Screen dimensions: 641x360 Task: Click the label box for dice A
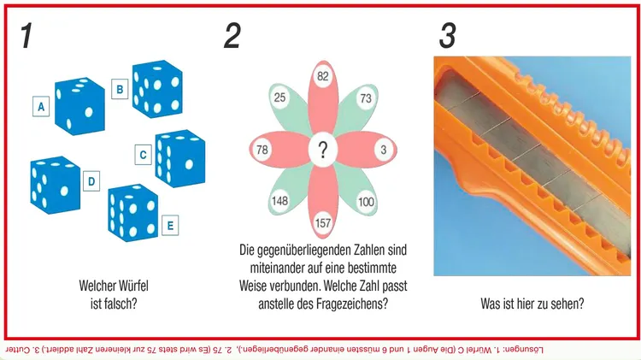pos(41,106)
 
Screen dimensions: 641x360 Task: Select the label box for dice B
pos(120,89)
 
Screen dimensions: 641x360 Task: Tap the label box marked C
pos(143,155)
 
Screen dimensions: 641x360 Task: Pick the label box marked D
pos(91,180)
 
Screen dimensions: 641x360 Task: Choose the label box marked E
pos(170,225)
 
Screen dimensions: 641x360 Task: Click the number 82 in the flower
pos(323,76)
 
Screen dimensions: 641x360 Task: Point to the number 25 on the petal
pos(279,97)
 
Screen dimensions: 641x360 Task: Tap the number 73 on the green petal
pos(366,98)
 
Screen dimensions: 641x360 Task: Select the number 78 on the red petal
pos(262,150)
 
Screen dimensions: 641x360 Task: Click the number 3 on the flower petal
pos(384,150)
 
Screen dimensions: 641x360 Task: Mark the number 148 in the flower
pos(280,201)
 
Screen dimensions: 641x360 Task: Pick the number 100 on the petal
pos(366,202)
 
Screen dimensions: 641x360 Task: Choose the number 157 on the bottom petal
pos(323,223)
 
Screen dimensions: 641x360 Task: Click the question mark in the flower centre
pos(323,150)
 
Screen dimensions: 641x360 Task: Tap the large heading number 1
pos(26,36)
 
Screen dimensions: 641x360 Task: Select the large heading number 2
pos(232,36)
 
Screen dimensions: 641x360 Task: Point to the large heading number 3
pos(447,36)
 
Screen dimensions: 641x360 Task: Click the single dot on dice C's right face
pos(189,164)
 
